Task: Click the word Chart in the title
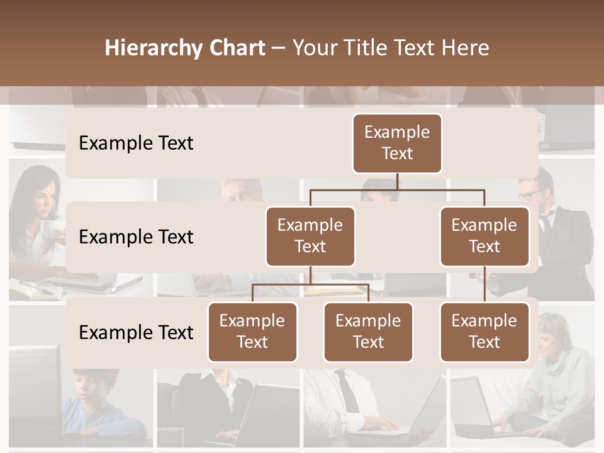tap(235, 48)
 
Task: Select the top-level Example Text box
tap(397, 143)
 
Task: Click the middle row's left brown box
tap(310, 236)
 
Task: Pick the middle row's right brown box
tap(484, 236)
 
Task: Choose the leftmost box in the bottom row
tap(252, 332)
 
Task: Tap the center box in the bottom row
tap(368, 332)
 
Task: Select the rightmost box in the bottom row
tap(484, 332)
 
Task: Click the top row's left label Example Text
tap(136, 143)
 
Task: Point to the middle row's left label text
tap(136, 237)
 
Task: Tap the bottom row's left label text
tap(136, 332)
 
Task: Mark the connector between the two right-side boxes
tap(484, 284)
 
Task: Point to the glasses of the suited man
tap(532, 193)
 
